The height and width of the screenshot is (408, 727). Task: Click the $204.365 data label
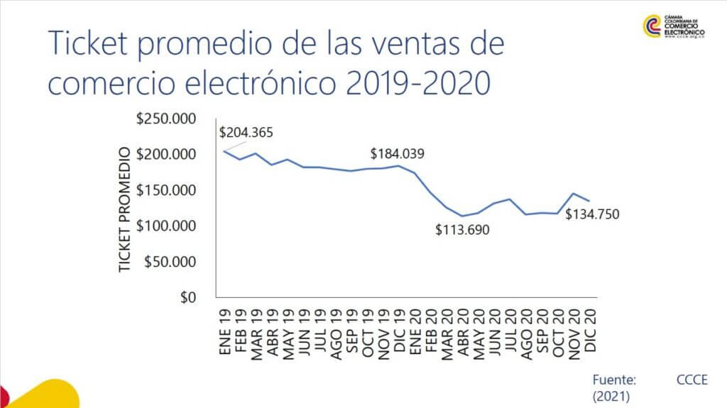pyautogui.click(x=246, y=132)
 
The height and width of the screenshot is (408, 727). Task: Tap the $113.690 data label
pyautogui.click(x=463, y=229)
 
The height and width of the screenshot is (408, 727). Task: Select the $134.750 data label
pyautogui.click(x=592, y=213)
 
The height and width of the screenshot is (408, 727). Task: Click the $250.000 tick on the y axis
pyautogui.click(x=166, y=118)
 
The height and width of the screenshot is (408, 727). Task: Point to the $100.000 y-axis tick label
pyautogui.click(x=166, y=226)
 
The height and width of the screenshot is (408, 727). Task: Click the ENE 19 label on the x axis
pyautogui.click(x=224, y=329)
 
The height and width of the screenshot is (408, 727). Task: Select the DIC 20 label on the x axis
pyautogui.click(x=591, y=329)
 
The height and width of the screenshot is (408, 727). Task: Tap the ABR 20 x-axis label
pyautogui.click(x=462, y=331)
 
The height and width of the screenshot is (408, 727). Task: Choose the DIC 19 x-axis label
pyautogui.click(x=399, y=329)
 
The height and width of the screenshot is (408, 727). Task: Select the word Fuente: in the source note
pyautogui.click(x=615, y=380)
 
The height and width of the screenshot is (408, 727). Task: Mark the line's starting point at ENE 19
pyautogui.click(x=224, y=150)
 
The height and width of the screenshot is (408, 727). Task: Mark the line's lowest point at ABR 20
pyautogui.click(x=462, y=216)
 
